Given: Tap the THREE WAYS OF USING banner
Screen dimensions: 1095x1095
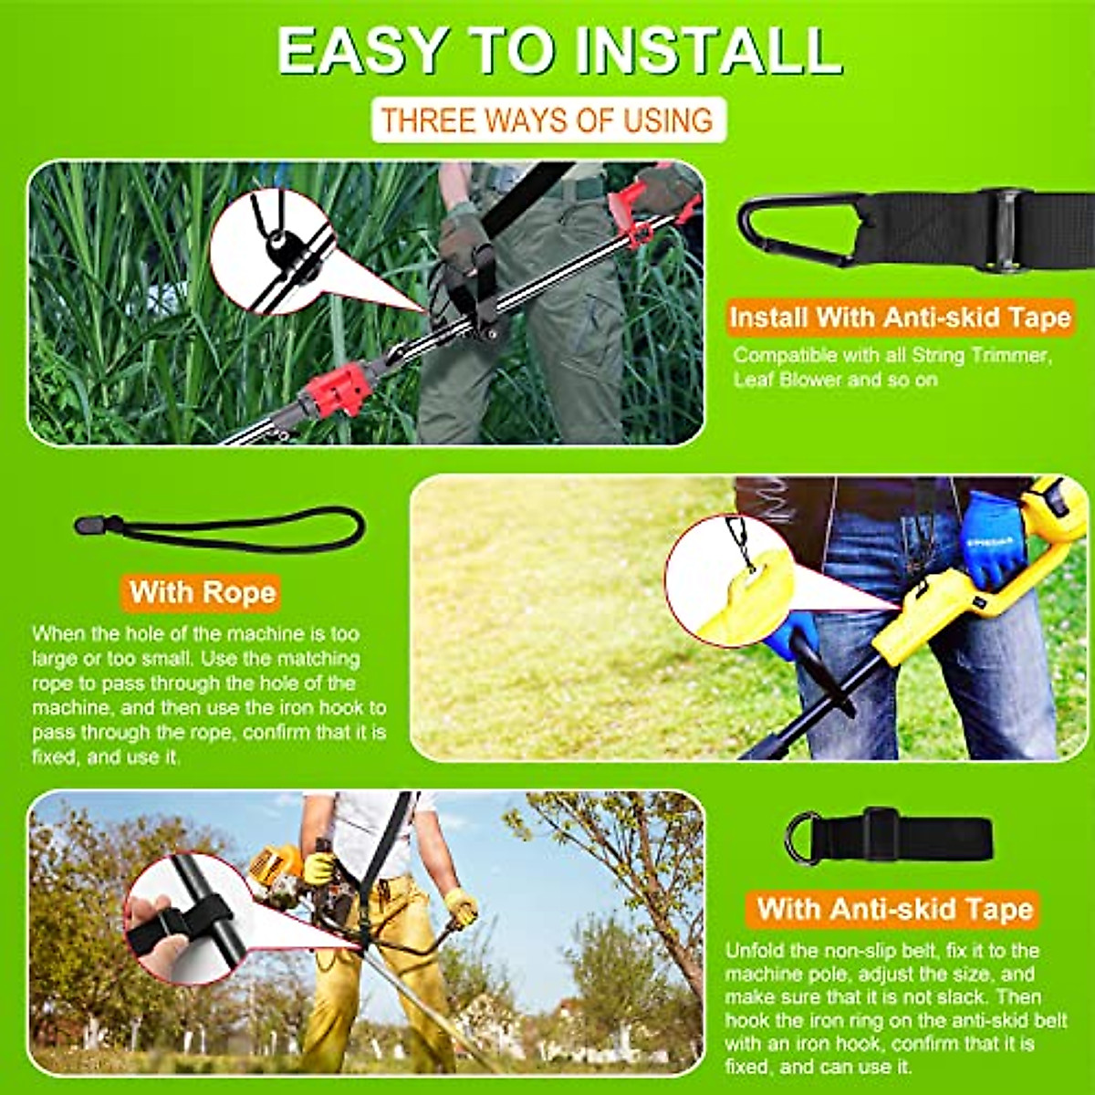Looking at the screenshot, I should click(547, 120).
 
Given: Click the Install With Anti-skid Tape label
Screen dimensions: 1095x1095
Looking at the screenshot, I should click(899, 318).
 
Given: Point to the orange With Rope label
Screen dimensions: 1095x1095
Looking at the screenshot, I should click(202, 592).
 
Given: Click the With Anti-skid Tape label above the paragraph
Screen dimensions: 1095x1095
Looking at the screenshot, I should click(894, 909).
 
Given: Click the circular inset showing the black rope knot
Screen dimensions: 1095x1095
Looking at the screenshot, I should click(275, 251).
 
